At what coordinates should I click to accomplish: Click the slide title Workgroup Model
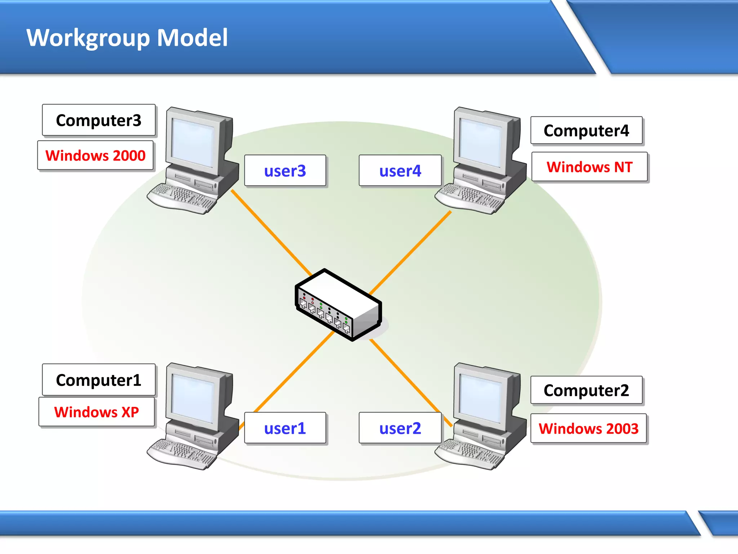point(127,38)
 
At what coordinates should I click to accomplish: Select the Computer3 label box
point(98,120)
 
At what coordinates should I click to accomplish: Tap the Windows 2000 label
point(95,156)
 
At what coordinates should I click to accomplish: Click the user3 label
point(285,171)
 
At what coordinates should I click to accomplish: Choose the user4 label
point(400,171)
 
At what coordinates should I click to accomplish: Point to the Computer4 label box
point(586,131)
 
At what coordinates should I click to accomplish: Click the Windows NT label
point(590,167)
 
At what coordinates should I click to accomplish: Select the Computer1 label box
point(98,380)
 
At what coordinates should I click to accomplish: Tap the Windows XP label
point(96,412)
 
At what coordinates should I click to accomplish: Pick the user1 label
point(285,428)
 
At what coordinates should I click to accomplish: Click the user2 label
point(400,428)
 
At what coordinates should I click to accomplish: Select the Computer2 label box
point(586,390)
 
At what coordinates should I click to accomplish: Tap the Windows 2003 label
point(588,428)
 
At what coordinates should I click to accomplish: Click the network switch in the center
point(338,305)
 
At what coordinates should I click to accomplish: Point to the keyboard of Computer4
point(468,198)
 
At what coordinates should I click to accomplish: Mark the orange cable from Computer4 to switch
point(411,252)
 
